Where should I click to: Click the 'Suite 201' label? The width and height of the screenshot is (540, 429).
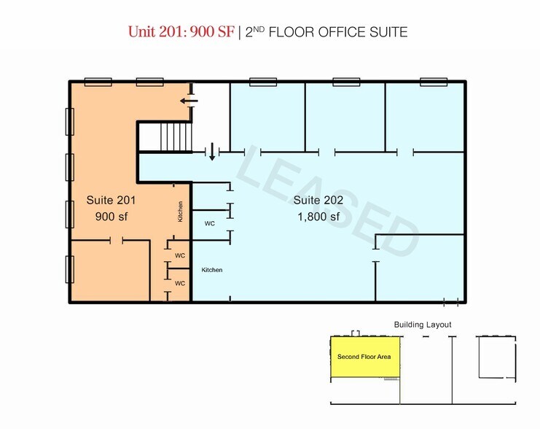111,200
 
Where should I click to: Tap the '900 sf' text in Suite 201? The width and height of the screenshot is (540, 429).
111,217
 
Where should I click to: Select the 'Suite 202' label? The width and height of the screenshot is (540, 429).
318,200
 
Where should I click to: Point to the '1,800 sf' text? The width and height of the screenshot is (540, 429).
318,217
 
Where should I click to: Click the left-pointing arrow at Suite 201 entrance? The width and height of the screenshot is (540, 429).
189,101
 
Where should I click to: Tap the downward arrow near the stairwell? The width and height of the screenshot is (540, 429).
212,152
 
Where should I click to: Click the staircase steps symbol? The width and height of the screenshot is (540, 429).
176,137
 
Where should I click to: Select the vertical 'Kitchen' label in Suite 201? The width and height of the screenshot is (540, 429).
180,212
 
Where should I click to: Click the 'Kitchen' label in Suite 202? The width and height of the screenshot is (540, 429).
212,270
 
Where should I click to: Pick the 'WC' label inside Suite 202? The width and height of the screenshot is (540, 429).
210,223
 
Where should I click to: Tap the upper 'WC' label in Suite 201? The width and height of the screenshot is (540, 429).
180,255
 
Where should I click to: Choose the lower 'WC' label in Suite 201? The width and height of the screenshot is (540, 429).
180,283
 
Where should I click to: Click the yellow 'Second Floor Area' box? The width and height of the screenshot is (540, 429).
365,357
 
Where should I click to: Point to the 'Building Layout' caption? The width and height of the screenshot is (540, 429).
423,325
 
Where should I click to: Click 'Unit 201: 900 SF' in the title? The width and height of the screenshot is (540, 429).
181,31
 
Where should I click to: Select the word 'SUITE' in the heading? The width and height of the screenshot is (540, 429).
388,32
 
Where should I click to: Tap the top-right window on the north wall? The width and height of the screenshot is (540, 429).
434,82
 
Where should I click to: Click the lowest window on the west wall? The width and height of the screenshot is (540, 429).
69,269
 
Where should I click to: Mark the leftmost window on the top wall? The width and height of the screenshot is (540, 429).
98,82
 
